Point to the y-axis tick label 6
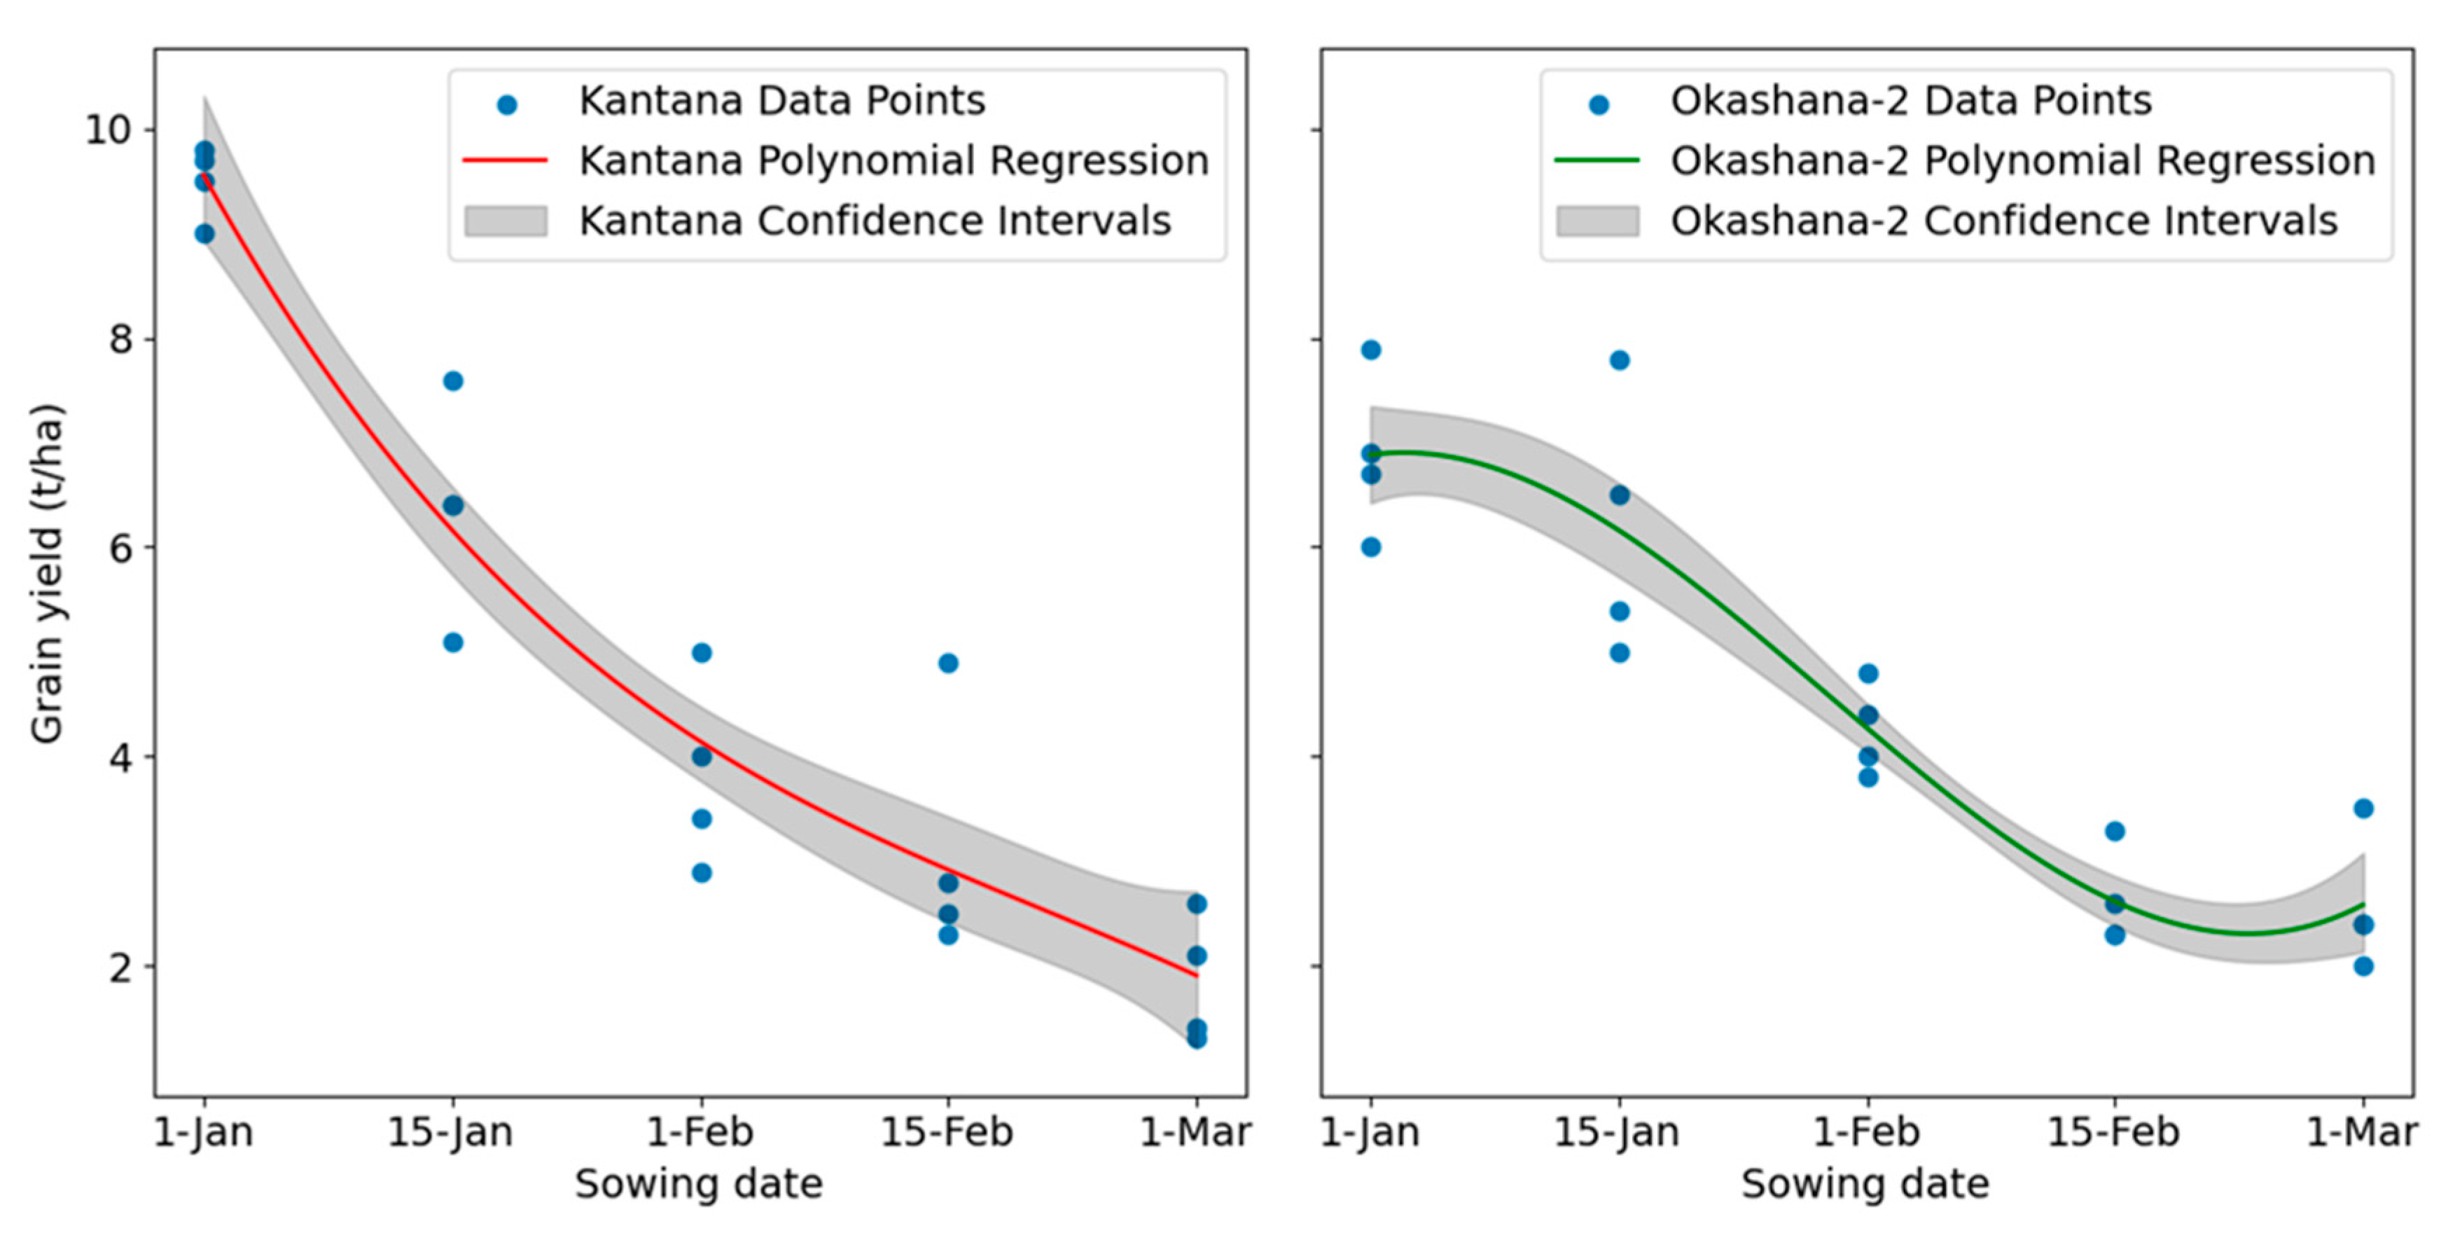pos(120,548)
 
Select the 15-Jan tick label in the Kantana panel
pos(451,1132)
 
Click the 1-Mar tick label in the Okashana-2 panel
pos(2361,1132)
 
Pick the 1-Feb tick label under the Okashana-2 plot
pos(1866,1132)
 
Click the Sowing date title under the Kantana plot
pos(700,1184)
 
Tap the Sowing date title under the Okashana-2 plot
pos(1865,1184)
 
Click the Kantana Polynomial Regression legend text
pos(893,160)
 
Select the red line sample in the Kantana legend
pos(505,161)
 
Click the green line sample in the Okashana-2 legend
pos(1597,161)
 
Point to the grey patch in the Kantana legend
pos(505,221)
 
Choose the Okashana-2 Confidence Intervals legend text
pos(2003,221)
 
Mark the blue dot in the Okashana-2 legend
pos(1599,105)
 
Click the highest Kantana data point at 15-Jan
pos(453,381)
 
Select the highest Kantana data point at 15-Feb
pos(947,663)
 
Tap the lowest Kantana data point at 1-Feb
pos(701,873)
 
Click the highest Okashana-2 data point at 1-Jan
pos(1370,350)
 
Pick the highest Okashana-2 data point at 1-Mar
pos(2363,808)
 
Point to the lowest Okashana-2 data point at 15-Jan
pos(1620,653)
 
